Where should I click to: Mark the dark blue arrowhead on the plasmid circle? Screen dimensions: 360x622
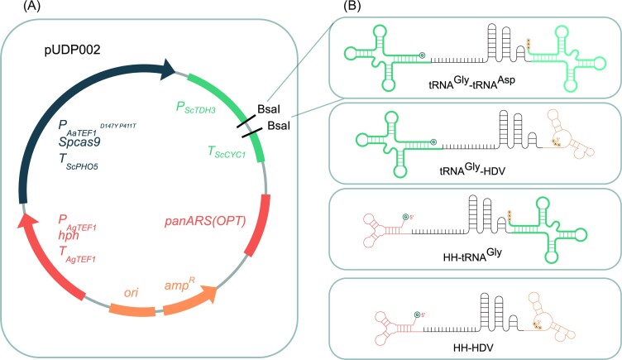[x=175, y=70]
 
